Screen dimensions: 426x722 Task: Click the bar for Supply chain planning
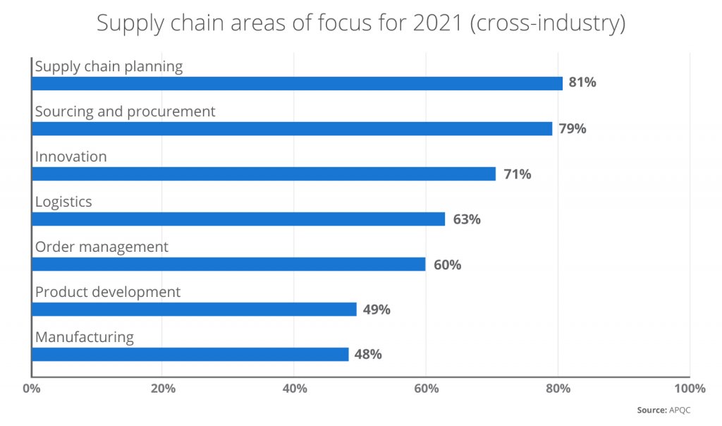[x=297, y=83]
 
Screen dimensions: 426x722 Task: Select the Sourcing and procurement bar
[x=292, y=128]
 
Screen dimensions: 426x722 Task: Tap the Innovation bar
[x=264, y=174]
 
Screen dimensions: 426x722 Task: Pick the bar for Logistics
[x=238, y=219]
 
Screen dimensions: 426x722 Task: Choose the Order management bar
[x=228, y=264]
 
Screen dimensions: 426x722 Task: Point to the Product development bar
[x=194, y=309]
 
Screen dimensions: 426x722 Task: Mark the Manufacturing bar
[x=190, y=354]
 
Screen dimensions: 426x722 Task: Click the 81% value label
[x=583, y=83]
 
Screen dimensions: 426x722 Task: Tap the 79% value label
[x=573, y=128]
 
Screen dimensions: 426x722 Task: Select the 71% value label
[x=518, y=174]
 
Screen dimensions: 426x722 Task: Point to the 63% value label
[x=467, y=219]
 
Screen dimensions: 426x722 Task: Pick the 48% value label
[x=368, y=355]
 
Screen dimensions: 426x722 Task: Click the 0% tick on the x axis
[x=31, y=389]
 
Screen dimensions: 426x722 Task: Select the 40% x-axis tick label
[x=294, y=389]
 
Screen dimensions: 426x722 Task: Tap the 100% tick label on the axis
[x=689, y=389]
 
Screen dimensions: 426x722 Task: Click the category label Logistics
[x=63, y=202]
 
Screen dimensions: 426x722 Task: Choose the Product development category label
[x=108, y=292]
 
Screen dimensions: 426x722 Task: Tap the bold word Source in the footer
[x=651, y=410]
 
